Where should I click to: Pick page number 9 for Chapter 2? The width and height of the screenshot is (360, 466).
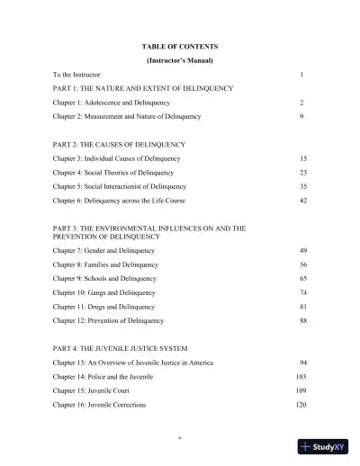(301, 117)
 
